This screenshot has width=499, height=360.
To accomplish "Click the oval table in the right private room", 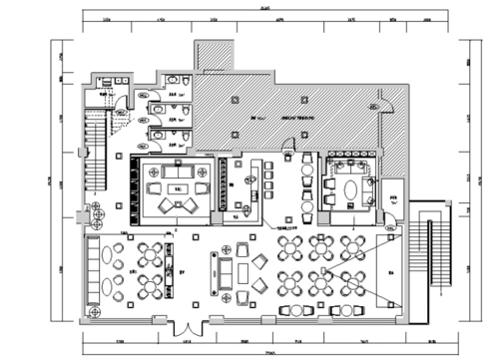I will pos(348,185).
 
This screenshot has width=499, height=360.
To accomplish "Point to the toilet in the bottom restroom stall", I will pos(160,132).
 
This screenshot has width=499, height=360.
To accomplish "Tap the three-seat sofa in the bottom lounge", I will pos(218,269).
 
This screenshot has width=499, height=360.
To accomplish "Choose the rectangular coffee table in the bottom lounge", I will pos(232,270).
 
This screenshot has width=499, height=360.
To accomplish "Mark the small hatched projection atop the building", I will pos(212,55).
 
